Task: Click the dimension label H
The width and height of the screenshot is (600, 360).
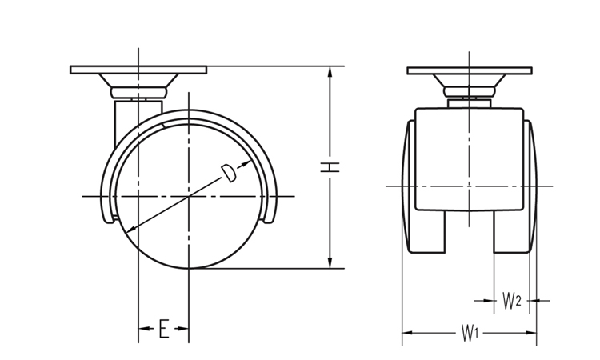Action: [x=330, y=167]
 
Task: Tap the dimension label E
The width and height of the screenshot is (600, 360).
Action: [x=164, y=329]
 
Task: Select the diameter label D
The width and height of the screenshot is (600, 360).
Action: [x=229, y=174]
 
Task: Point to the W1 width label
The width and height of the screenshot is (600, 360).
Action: [x=470, y=333]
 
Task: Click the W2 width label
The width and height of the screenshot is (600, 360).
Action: [x=512, y=300]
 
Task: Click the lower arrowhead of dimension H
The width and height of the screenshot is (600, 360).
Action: [x=330, y=262]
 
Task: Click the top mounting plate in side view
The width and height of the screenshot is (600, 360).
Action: [x=138, y=70]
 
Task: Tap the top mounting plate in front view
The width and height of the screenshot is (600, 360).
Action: [x=470, y=70]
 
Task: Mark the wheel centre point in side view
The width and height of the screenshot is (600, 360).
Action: [x=189, y=196]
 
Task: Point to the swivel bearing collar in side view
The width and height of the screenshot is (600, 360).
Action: [x=139, y=93]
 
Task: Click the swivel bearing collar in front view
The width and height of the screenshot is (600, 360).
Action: [x=470, y=92]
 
